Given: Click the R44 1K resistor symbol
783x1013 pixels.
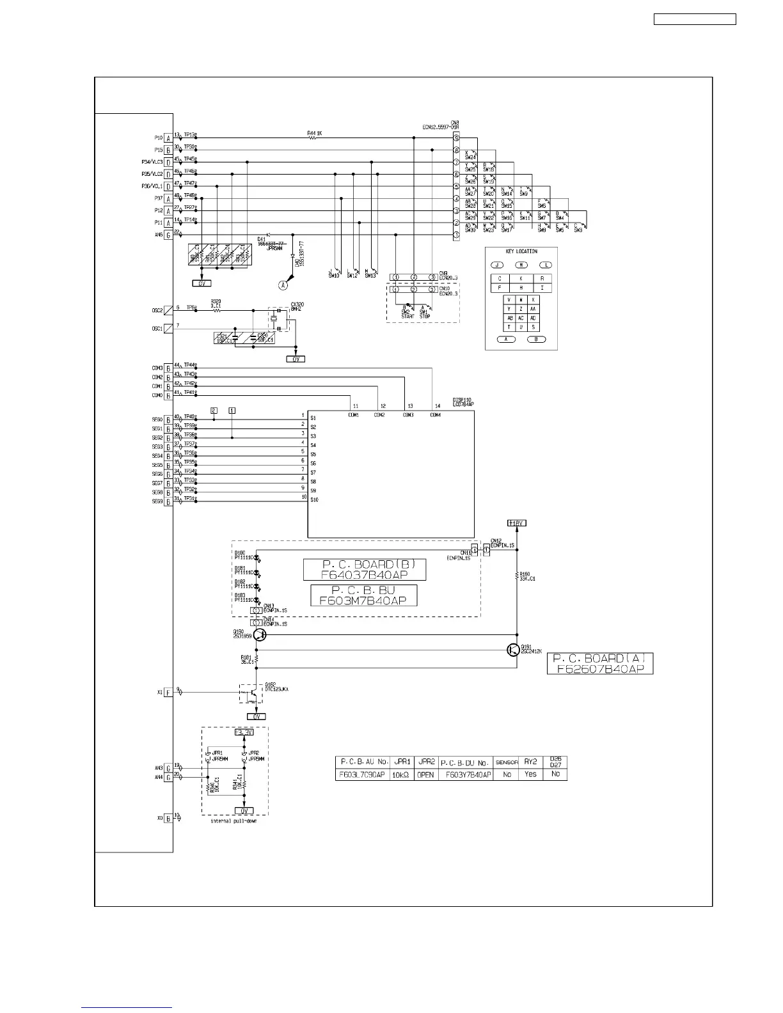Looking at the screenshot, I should tap(313, 138).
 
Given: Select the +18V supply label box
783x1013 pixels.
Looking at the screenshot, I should tap(516, 523).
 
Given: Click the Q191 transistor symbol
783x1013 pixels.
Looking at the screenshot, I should tap(513, 650).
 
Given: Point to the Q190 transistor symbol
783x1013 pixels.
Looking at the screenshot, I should tap(259, 634).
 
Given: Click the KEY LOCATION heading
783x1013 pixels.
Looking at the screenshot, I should tap(521, 251).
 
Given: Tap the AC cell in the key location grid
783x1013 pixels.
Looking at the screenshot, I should tap(521, 318).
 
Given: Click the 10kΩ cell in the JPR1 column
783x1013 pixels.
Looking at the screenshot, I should tap(401, 774).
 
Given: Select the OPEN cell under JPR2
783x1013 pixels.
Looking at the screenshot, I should tap(425, 774).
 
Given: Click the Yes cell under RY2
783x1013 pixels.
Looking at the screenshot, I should tap(530, 774).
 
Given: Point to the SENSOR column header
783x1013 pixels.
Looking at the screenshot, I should tap(507, 762).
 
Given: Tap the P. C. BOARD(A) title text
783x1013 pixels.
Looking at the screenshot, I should tap(599, 658).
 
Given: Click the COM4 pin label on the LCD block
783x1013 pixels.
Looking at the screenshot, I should tap(435, 415).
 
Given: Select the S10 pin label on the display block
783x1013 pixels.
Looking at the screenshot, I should tap(314, 499).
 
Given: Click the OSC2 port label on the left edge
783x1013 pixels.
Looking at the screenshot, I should tap(157, 310).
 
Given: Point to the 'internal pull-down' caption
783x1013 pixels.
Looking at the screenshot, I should tap(233, 821).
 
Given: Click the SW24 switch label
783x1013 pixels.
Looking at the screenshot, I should tap(470, 157).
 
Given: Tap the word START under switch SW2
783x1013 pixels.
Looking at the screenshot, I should tap(407, 316).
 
